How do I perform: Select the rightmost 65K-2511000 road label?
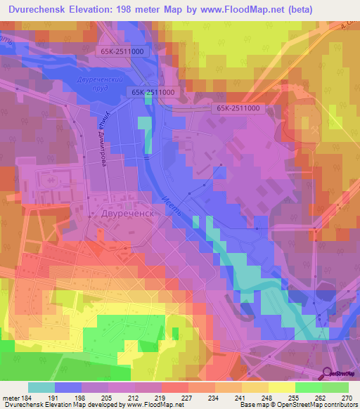238,108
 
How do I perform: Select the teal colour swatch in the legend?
41,387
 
